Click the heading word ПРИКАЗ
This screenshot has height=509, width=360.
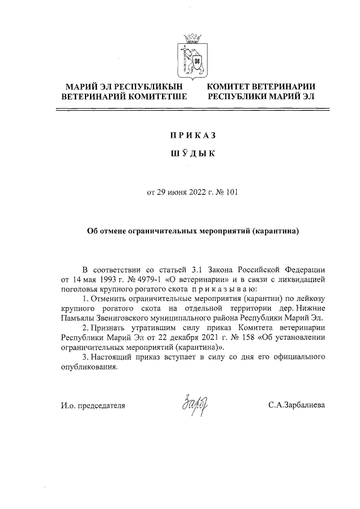192,136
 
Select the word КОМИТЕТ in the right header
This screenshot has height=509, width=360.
232,87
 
